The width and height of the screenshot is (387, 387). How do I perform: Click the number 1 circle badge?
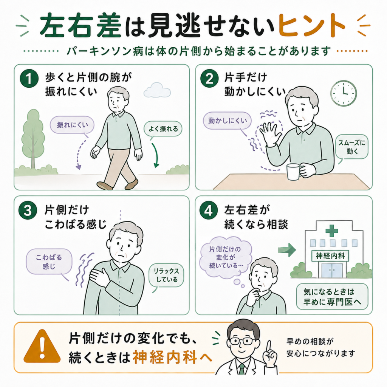point(29,79)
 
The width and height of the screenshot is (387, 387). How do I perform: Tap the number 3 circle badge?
point(28,211)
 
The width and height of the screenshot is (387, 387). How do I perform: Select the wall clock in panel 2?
point(343,93)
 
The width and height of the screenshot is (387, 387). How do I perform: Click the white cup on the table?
point(294,172)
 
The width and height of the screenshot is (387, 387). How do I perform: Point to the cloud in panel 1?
point(157,90)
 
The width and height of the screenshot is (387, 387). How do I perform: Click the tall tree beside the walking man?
point(33,139)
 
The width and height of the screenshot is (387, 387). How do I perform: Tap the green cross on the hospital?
point(332,231)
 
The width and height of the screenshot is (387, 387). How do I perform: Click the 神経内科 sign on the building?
point(330,256)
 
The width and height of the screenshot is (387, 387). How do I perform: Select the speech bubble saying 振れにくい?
point(72,125)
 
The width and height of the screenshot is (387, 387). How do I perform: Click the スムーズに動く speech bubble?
point(352,147)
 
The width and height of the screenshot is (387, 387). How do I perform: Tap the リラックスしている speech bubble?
point(166,276)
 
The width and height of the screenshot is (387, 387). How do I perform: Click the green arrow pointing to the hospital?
point(287,250)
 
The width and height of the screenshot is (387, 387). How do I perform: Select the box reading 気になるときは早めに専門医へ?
point(332,297)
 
